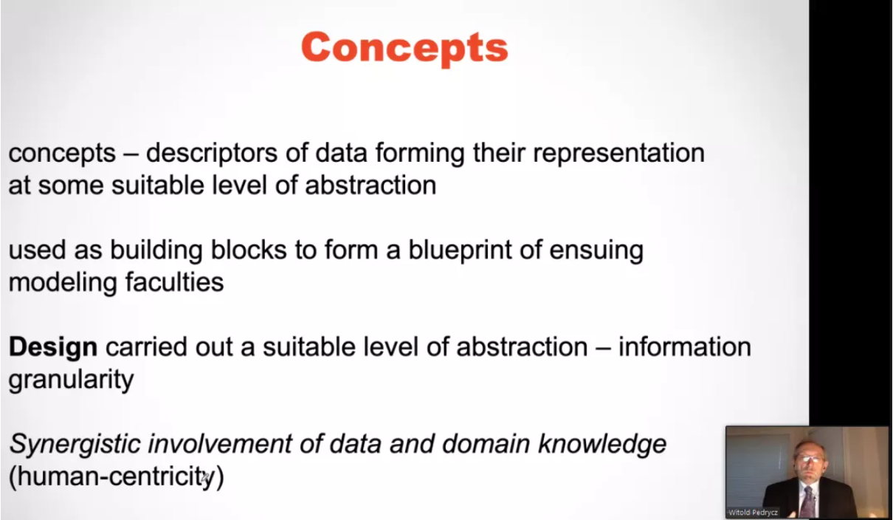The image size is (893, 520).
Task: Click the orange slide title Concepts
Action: click(404, 48)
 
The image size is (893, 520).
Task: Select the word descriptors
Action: click(211, 153)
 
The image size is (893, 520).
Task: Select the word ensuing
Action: click(596, 251)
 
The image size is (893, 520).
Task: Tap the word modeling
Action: click(63, 284)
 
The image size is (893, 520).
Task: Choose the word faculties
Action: click(175, 282)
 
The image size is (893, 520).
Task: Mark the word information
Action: click(684, 347)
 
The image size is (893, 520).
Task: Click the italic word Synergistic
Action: click(75, 445)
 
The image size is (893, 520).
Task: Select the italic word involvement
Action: click(220, 444)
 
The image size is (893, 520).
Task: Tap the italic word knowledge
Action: click(602, 445)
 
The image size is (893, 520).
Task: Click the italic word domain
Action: click(486, 444)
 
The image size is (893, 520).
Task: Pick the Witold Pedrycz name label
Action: click(753, 513)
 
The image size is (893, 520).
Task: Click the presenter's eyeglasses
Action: click(810, 459)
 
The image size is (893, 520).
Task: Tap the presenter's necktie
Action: click(808, 502)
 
